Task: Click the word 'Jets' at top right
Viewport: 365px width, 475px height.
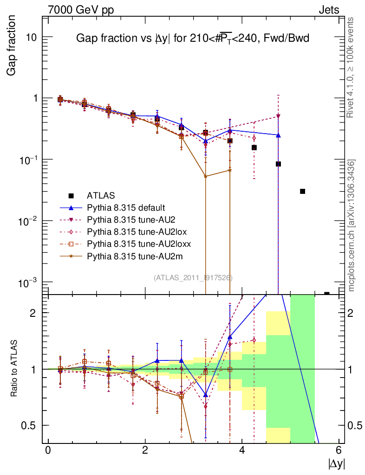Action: click(x=328, y=10)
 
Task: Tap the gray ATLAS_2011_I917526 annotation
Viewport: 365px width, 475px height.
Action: click(x=193, y=278)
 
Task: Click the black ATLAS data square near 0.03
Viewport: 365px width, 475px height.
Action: click(x=302, y=191)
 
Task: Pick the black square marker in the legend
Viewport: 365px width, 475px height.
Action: click(x=71, y=195)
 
